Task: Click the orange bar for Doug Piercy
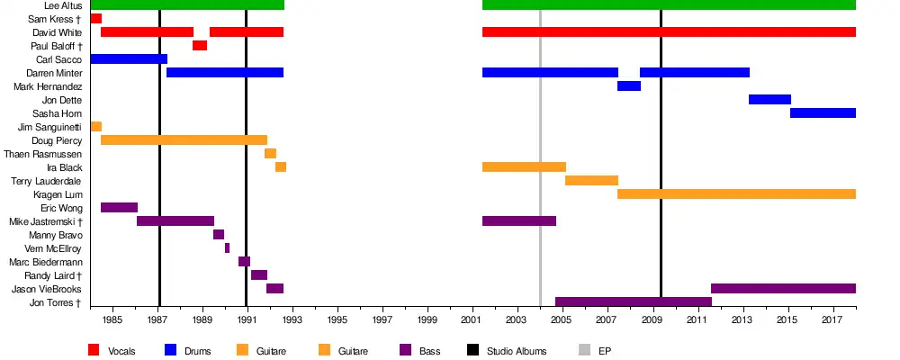[x=184, y=140]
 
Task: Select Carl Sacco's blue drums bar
[x=129, y=59]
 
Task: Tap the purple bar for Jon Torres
[x=633, y=302]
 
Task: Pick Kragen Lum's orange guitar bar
[x=736, y=194]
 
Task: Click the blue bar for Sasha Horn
[x=823, y=113]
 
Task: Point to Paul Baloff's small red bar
[x=200, y=46]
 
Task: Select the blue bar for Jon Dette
[x=769, y=100]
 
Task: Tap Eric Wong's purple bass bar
[x=119, y=208]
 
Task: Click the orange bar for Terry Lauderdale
[x=591, y=181]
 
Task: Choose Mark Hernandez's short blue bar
[x=629, y=86]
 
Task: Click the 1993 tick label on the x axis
[x=292, y=319]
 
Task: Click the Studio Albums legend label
[x=517, y=351]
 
